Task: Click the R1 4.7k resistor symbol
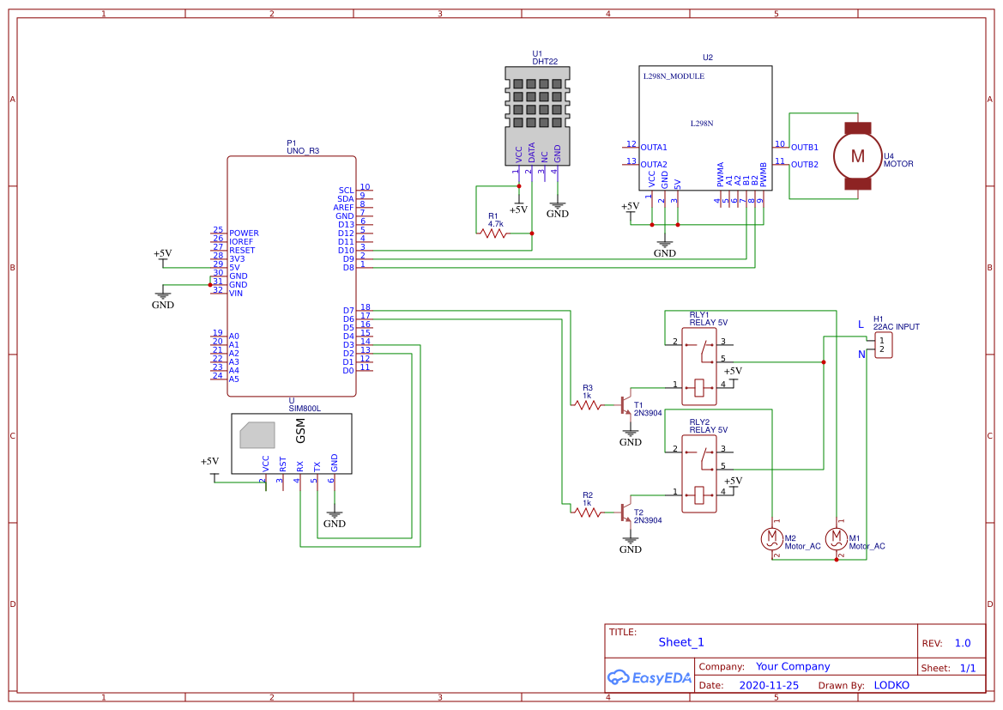tap(493, 233)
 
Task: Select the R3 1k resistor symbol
tap(588, 404)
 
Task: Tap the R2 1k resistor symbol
tap(588, 512)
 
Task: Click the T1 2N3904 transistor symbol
tap(625, 404)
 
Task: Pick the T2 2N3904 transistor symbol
tap(625, 512)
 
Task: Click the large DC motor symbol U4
tap(857, 155)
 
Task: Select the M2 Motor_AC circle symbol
tap(770, 538)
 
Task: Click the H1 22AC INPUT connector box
tap(882, 345)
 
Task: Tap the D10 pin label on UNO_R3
tap(346, 250)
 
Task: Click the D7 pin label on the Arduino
tap(348, 310)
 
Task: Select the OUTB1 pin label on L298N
tap(804, 147)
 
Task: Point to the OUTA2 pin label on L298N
tap(654, 164)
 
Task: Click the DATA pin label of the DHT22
tap(531, 153)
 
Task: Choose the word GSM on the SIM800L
tap(301, 434)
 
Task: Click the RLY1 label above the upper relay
tap(699, 314)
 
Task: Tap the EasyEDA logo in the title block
tap(648, 677)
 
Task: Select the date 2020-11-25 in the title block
tap(768, 685)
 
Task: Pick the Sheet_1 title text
tap(681, 642)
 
